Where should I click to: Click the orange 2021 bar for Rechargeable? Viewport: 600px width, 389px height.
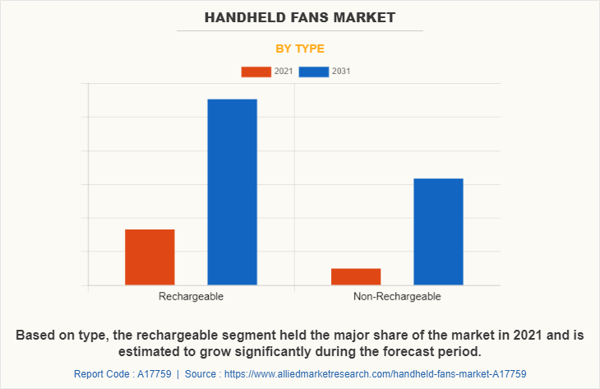point(150,257)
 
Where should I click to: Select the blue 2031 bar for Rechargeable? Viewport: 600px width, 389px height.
point(232,192)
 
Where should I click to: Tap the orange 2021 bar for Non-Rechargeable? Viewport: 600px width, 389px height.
point(356,276)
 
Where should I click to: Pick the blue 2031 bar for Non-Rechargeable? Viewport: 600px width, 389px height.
point(438,231)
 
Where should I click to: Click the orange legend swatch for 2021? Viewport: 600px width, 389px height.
point(256,72)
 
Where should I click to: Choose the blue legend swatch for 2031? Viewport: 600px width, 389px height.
point(314,72)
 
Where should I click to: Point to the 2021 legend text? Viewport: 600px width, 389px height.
point(284,72)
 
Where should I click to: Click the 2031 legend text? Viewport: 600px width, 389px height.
point(341,72)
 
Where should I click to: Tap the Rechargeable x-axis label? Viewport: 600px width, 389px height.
point(191,296)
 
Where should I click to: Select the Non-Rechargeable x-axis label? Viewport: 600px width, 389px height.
point(397,296)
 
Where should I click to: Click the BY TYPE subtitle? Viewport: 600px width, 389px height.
point(299,49)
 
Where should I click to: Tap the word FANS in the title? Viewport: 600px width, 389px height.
point(312,16)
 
